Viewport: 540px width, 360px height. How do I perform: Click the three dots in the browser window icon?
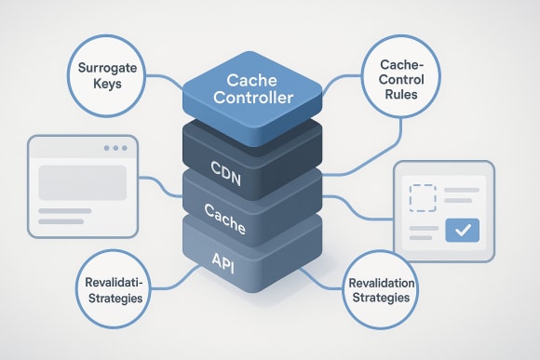coord(116,149)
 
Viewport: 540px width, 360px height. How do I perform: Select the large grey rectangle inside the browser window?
coord(82,183)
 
